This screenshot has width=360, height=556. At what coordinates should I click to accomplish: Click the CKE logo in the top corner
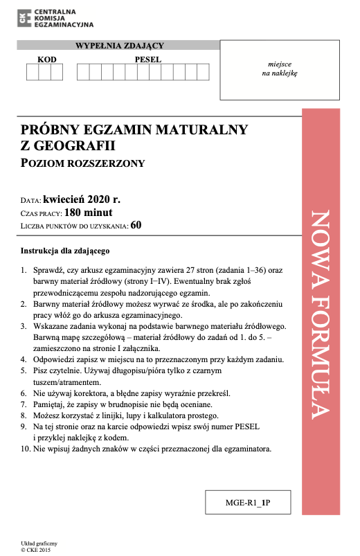(25, 19)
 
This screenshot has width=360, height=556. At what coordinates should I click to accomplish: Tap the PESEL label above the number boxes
(147, 60)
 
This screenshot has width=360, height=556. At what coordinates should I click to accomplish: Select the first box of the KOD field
(33, 73)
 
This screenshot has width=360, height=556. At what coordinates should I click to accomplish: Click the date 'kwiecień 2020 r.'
(87, 199)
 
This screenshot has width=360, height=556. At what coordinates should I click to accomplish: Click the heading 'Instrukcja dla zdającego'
(65, 250)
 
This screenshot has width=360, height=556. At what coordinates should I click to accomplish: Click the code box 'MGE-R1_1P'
(247, 503)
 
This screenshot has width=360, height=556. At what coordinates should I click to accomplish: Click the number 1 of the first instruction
(24, 269)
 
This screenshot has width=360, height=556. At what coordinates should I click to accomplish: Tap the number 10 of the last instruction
(25, 449)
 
